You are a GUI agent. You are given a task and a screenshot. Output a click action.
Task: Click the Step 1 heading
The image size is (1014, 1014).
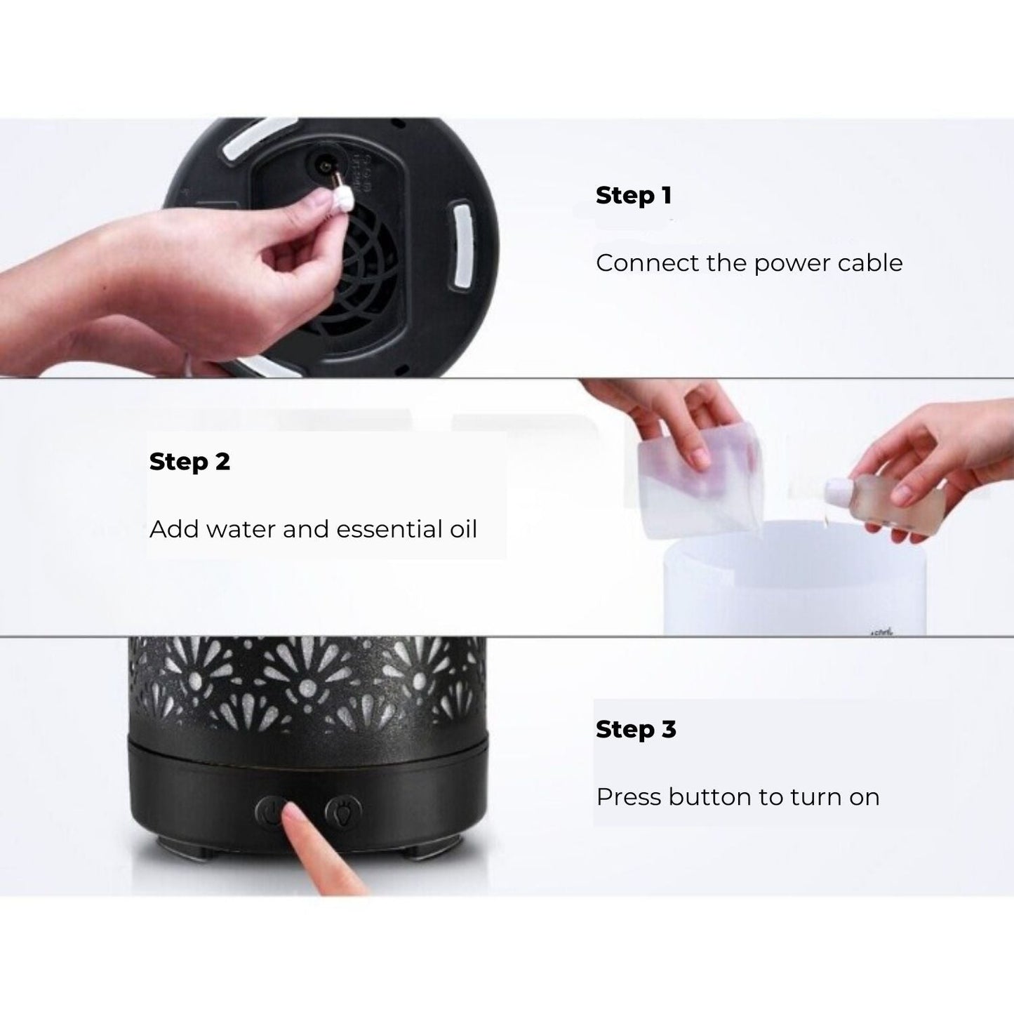633,195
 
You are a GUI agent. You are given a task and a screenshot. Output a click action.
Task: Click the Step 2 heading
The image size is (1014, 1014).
189,462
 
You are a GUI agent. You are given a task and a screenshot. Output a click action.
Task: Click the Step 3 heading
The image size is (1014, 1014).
635,729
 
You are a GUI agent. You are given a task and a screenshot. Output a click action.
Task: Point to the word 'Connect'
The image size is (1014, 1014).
637,262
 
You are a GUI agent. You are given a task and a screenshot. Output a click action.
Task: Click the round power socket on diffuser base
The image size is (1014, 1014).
324,169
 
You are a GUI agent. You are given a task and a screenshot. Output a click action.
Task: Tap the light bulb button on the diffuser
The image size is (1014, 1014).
343,812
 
